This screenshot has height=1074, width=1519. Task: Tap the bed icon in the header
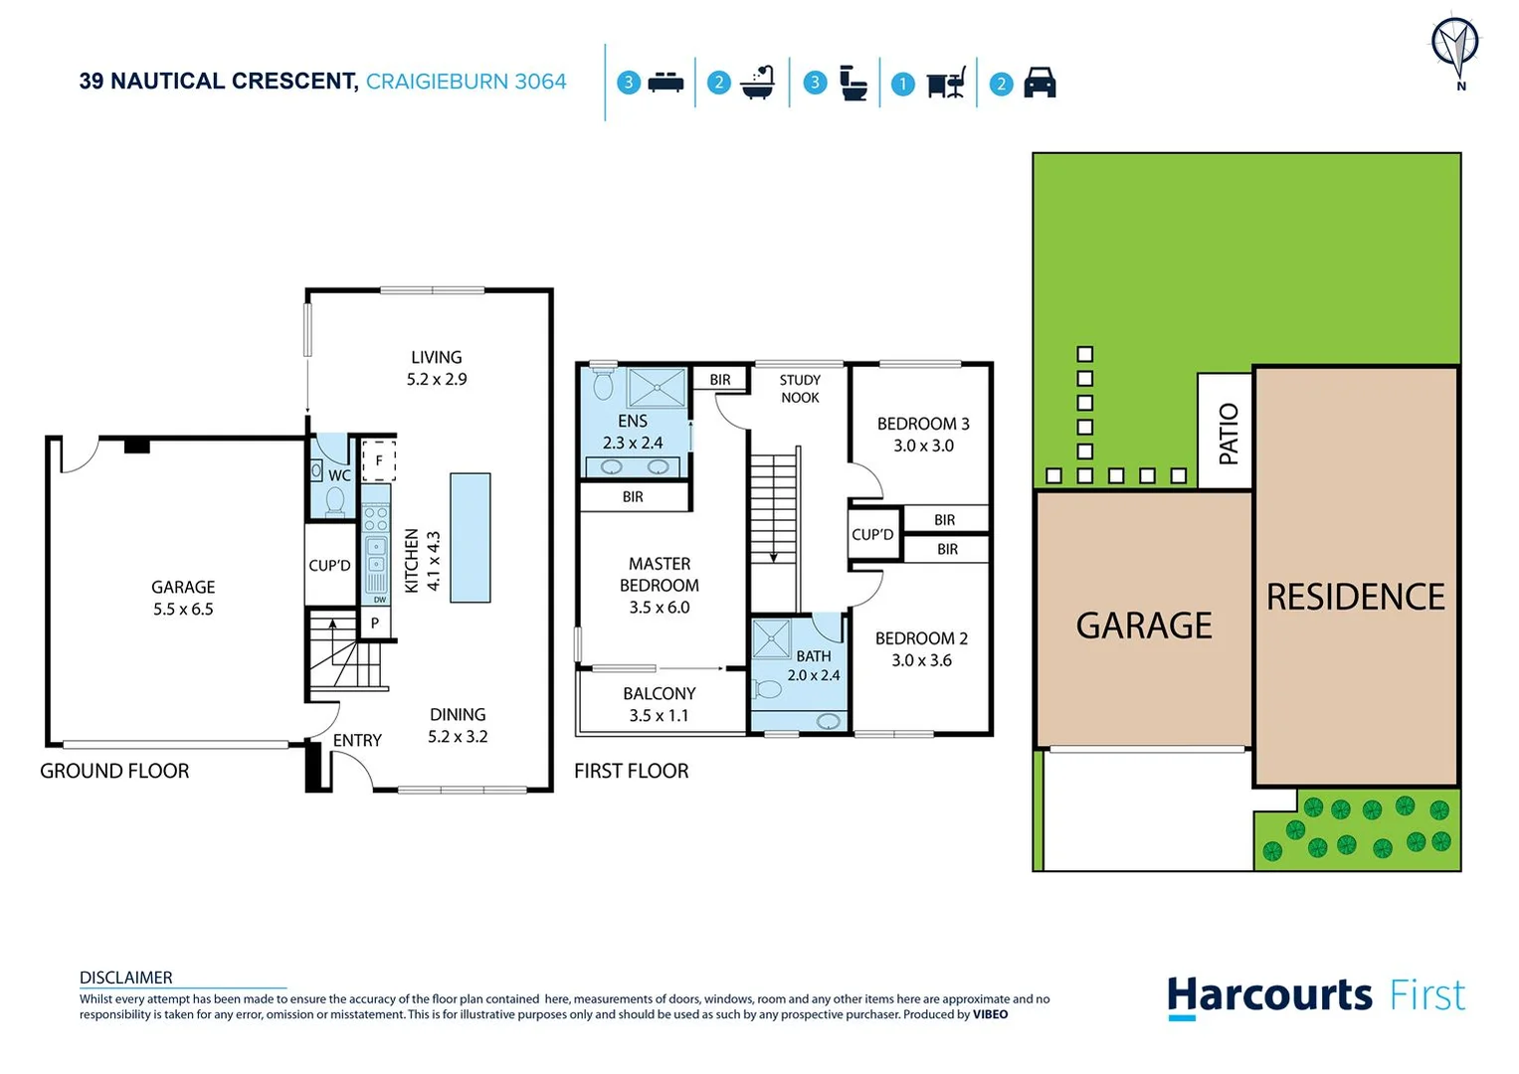click(665, 83)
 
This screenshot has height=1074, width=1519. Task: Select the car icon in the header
click(1040, 83)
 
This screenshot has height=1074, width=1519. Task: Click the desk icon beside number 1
click(946, 84)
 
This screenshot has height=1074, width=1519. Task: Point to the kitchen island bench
click(470, 537)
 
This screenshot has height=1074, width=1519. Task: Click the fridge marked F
click(378, 461)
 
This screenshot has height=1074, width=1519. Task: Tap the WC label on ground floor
click(339, 475)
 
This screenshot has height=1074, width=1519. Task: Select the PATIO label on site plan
click(1228, 434)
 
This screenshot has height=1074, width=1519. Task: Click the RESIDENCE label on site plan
click(1355, 597)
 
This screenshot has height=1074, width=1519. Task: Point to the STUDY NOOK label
click(800, 389)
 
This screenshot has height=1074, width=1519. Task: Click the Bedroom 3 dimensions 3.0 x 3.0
click(923, 446)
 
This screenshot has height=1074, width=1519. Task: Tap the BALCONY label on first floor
click(659, 693)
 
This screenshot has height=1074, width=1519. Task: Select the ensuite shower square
click(657, 388)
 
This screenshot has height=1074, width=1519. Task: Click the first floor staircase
click(773, 507)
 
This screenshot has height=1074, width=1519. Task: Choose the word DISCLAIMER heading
click(126, 978)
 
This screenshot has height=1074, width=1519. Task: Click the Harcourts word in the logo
click(1269, 995)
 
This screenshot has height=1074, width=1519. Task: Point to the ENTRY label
click(357, 740)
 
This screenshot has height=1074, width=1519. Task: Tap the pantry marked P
click(375, 624)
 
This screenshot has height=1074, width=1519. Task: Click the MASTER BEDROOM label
click(659, 575)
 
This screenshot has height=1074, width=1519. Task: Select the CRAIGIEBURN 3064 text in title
click(466, 82)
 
